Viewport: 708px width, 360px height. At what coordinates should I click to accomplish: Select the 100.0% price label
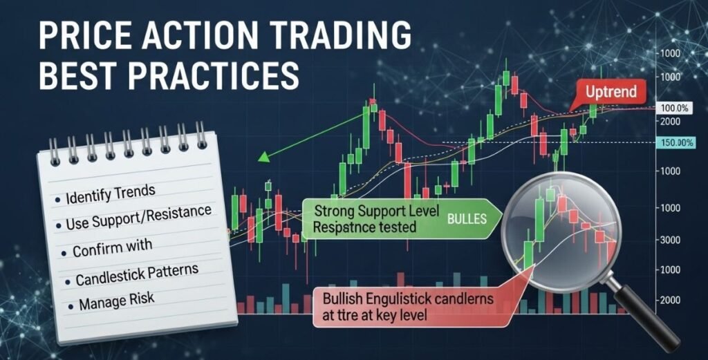coord(675,108)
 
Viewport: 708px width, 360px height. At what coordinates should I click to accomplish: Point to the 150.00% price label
coord(676,142)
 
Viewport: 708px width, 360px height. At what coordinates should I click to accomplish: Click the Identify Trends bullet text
coord(110,197)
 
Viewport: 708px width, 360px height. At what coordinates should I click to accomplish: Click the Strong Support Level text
coord(373,210)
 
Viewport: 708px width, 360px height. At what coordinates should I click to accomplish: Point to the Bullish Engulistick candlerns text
coord(409,299)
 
